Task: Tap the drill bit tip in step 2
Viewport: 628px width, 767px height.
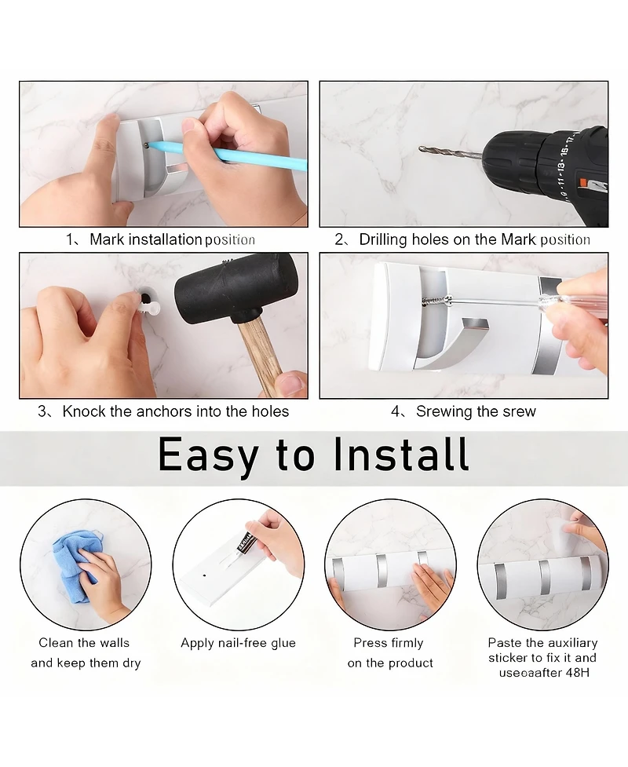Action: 420,148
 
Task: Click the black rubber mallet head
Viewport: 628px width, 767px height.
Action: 237,289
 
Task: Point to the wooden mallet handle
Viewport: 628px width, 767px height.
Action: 259,356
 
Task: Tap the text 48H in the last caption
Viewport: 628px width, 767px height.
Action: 577,673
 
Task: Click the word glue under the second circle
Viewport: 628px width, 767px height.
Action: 283,643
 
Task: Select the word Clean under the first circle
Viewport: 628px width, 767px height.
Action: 55,643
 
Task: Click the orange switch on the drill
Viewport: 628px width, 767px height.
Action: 583,182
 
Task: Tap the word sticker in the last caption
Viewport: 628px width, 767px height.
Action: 507,658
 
